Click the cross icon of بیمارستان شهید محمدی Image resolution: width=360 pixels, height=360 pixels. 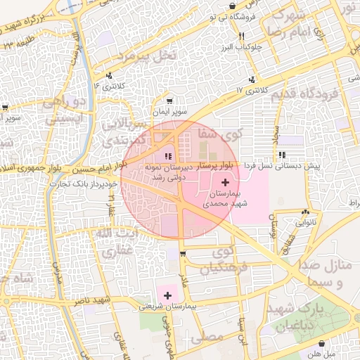tap(224, 182)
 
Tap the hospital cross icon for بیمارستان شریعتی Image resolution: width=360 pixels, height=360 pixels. tap(168, 296)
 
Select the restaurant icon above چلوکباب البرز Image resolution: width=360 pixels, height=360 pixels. tap(241, 35)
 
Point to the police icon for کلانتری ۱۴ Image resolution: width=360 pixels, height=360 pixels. tap(109, 76)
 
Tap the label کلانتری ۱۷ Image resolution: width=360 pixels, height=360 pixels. tap(252, 91)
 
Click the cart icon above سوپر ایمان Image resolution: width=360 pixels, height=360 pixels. tap(169, 101)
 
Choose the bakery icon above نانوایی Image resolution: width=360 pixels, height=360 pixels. tap(304, 211)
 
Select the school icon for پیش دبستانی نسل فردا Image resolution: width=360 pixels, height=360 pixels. tap(282, 155)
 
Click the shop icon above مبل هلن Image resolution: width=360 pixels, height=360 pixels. tap(322, 344)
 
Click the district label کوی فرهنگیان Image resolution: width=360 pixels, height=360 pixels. tap(217, 259)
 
